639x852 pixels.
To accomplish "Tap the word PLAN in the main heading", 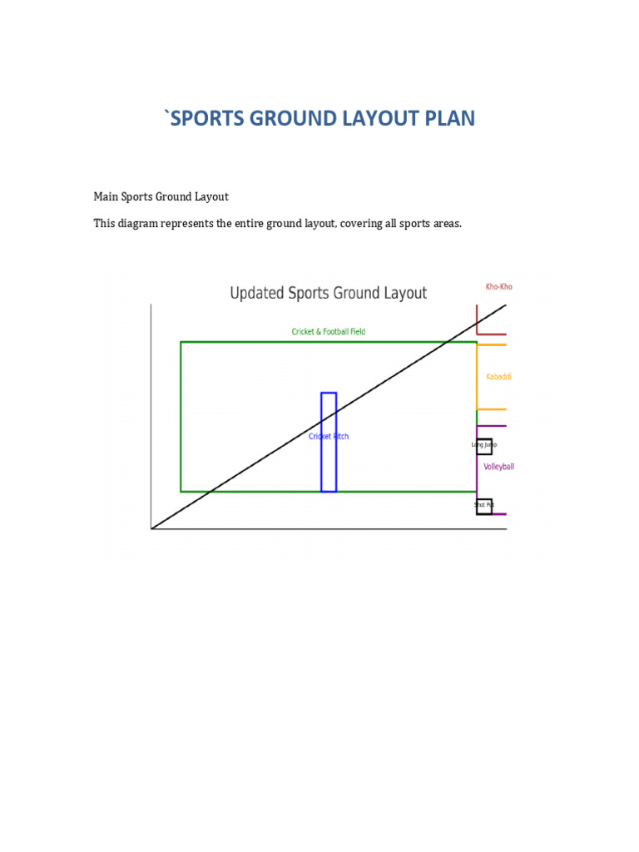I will (448, 118).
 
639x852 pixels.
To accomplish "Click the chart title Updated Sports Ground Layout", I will (328, 293).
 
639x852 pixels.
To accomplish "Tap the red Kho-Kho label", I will (499, 287).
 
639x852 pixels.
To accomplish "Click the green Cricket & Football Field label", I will (328, 332).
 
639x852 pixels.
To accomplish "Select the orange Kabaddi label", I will (499, 377).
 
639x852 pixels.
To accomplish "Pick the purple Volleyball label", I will (499, 467).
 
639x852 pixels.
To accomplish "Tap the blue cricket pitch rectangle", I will (329, 466).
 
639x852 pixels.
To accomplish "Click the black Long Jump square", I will (484, 446).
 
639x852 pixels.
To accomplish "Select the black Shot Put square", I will (484, 506).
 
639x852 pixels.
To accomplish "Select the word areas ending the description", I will (446, 223).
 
